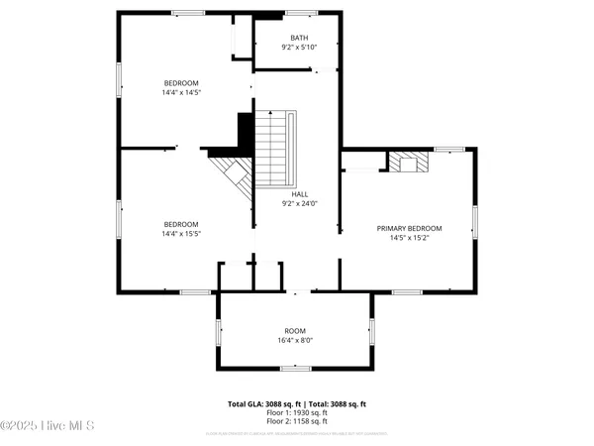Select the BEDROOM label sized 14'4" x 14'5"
tap(181, 82)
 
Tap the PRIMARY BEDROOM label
tap(409, 228)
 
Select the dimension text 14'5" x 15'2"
tap(409, 238)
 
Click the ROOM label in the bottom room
tap(295, 330)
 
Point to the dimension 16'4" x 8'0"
tap(295, 340)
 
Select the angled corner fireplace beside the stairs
tap(235, 176)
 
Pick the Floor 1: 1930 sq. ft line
tap(296, 413)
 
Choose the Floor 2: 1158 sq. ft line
tap(296, 422)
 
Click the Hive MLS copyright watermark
tap(48, 426)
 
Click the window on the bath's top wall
tap(301, 12)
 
